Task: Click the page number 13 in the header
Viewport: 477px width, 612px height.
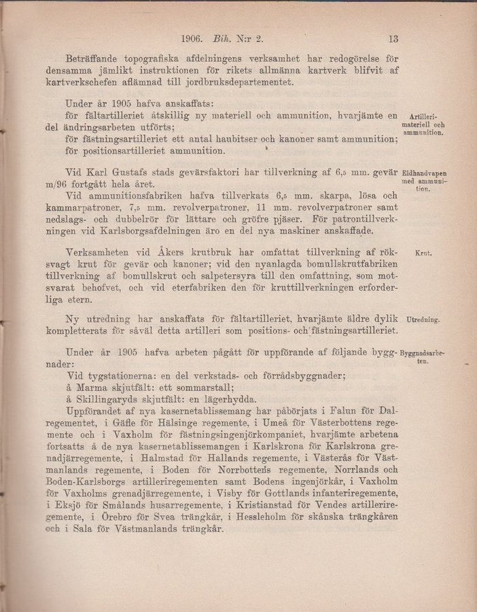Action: [392, 39]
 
